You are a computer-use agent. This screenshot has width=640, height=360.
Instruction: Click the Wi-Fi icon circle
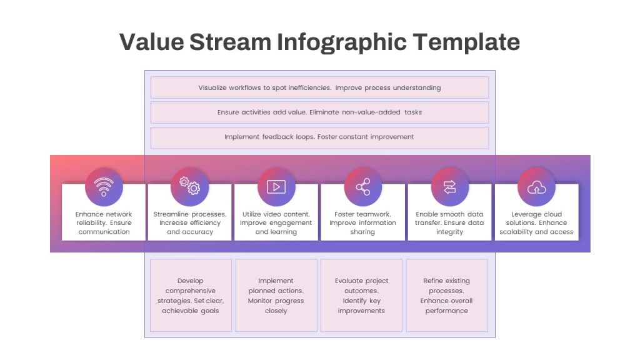coord(104,187)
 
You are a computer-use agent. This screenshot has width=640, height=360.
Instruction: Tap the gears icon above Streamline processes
coord(190,186)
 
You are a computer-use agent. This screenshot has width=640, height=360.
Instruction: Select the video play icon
coord(276,187)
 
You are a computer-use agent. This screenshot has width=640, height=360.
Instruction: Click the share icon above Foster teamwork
coord(363,187)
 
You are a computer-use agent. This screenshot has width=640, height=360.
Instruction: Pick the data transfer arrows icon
coord(450,187)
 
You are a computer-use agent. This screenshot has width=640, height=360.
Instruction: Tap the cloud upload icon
coord(536,187)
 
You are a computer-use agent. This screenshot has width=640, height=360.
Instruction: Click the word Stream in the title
coord(230,42)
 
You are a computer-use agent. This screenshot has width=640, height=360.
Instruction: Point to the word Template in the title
coord(466,42)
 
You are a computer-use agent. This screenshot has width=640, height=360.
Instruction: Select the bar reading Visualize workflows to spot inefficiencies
coord(319,87)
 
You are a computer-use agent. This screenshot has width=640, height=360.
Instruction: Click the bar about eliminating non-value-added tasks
coord(319,112)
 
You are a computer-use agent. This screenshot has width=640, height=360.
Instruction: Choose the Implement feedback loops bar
coord(319,137)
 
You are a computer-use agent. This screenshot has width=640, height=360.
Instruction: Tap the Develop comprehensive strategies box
coord(191,296)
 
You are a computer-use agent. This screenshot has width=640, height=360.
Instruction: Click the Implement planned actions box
coord(276,296)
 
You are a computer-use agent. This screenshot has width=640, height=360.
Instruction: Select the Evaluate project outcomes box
coord(361,296)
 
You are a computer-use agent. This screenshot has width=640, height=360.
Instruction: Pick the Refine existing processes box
coord(446,296)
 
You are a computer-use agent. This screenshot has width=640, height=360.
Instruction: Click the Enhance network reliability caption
coord(104,223)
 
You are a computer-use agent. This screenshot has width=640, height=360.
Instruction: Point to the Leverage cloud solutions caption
coord(536,223)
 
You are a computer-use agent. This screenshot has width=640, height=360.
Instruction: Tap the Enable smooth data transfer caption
coord(449,223)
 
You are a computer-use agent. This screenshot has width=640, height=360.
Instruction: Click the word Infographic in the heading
coord(342,42)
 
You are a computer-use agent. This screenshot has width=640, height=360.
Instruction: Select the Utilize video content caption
coord(276,223)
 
